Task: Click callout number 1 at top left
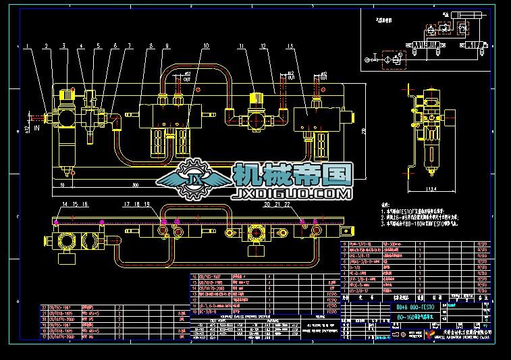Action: (x=28, y=47)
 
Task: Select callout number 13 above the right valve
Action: (x=290, y=47)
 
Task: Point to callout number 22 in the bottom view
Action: (x=287, y=203)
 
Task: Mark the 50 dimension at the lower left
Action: (x=62, y=184)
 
